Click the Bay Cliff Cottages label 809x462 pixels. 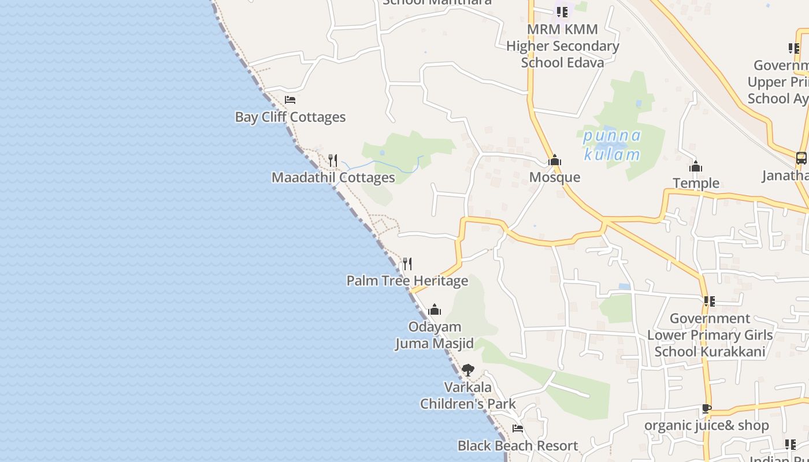tap(290, 117)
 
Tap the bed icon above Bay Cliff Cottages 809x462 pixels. tap(290, 100)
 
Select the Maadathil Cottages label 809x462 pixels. tap(333, 177)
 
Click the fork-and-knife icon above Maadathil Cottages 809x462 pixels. tap(333, 160)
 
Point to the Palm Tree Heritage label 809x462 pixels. tap(407, 281)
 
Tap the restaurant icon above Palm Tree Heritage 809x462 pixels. tap(407, 264)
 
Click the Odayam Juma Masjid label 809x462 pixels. tap(435, 335)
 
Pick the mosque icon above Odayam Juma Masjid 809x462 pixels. tap(435, 310)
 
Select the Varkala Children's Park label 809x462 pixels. tap(468, 396)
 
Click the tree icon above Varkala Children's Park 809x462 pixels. tap(468, 370)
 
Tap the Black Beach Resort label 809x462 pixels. tap(518, 446)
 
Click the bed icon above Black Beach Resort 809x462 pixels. tap(518, 429)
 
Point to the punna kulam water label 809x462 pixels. tap(612, 145)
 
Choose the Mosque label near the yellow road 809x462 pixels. tap(555, 177)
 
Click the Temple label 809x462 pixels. tap(696, 183)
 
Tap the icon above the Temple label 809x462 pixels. tap(696, 167)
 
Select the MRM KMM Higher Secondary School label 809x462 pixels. tap(562, 46)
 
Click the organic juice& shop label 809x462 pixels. tap(707, 426)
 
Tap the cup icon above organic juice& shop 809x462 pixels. tap(707, 408)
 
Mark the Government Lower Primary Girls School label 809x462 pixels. tap(710, 335)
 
